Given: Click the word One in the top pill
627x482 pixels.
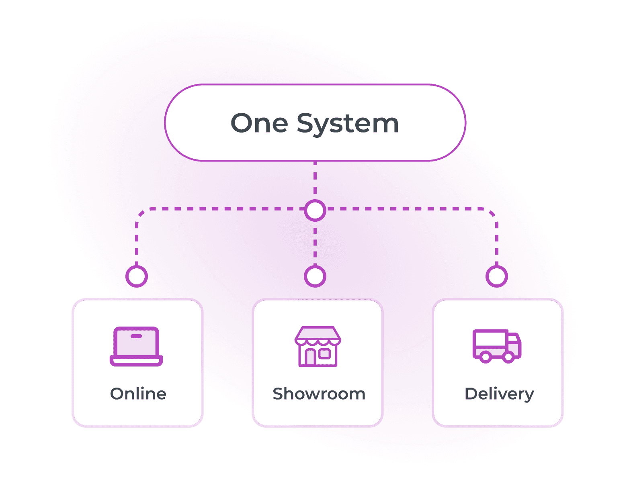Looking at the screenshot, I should pos(259,123).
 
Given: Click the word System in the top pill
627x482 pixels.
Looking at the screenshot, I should pos(348,124).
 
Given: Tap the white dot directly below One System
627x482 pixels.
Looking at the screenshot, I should pos(315,210).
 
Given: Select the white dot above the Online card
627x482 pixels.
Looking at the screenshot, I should pos(137,276).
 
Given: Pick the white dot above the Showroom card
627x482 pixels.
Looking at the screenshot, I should pos(315,276).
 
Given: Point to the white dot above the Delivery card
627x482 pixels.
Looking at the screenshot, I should pos(497,276).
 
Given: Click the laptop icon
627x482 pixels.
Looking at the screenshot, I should pos(136,346).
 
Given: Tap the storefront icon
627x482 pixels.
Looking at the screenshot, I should pos(318,346).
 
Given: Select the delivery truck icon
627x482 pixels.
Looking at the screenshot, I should pos(497,346).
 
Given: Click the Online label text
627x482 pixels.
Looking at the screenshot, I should pos(138,394).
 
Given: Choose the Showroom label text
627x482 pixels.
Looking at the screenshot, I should pos(319,394).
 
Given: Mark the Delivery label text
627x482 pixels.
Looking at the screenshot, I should pos(499,394).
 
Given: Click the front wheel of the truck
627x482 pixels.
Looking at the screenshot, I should pos(509,357).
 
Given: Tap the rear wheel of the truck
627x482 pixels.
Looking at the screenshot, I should pos(486,357).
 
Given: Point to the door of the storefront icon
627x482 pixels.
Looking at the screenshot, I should pos(310,357).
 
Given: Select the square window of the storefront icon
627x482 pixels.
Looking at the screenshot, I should pos(325,354).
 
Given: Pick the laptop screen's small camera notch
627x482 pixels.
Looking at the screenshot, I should pos(136,336).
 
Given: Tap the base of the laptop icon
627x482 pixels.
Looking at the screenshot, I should pos(136,361).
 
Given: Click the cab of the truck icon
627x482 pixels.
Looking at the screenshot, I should pos(514,344).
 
